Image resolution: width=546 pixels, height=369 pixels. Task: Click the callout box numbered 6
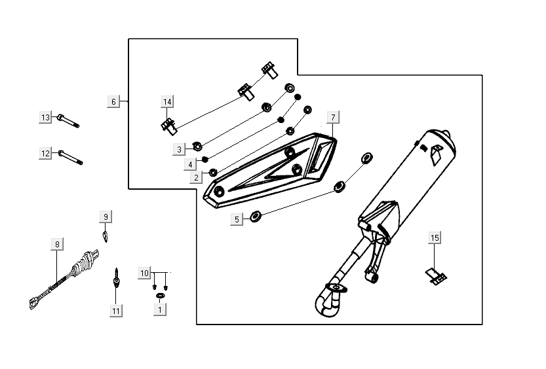pyautogui.click(x=114, y=101)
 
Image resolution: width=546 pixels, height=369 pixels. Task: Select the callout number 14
pyautogui.click(x=168, y=101)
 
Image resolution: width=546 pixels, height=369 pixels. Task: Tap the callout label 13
pyautogui.click(x=45, y=117)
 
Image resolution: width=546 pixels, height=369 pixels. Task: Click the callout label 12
pyautogui.click(x=45, y=153)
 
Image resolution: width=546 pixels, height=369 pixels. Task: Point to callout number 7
pyautogui.click(x=332, y=117)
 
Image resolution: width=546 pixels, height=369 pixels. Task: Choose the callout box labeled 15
pyautogui.click(x=435, y=237)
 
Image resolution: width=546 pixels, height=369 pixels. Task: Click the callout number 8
pyautogui.click(x=57, y=244)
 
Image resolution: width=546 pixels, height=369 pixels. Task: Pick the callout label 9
pyautogui.click(x=106, y=216)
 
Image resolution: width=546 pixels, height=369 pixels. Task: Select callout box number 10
pyautogui.click(x=145, y=272)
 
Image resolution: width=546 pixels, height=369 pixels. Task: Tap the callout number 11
pyautogui.click(x=116, y=311)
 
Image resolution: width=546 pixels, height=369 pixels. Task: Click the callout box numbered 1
pyautogui.click(x=158, y=311)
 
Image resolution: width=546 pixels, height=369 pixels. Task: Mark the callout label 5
pyautogui.click(x=237, y=219)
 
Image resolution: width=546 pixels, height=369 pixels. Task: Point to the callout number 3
pyautogui.click(x=179, y=150)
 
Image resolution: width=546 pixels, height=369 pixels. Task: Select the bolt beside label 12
pyautogui.click(x=71, y=157)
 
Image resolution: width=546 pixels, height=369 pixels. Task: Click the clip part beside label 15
pyautogui.click(x=437, y=276)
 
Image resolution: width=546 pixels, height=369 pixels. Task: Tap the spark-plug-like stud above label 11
pyautogui.click(x=116, y=281)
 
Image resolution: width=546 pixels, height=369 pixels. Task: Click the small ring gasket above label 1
pyautogui.click(x=159, y=296)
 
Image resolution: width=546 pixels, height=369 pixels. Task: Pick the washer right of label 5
pyautogui.click(x=256, y=215)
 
